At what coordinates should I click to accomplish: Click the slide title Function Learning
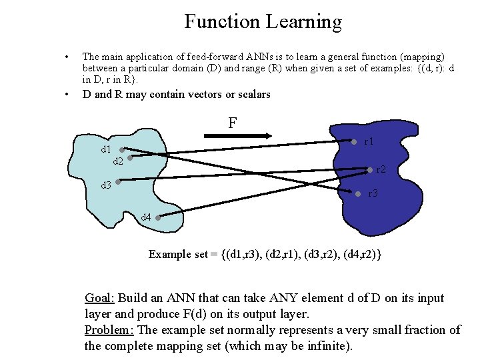(x=263, y=21)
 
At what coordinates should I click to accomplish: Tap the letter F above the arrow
(x=232, y=123)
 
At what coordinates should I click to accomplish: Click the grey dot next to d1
(x=122, y=150)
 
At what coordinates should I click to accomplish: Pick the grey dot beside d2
(x=130, y=159)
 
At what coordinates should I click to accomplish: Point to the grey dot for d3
(x=117, y=181)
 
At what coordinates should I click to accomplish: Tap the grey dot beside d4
(x=157, y=217)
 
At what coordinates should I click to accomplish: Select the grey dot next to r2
(x=370, y=169)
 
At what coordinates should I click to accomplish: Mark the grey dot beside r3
(x=359, y=194)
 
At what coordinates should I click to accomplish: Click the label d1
(x=106, y=149)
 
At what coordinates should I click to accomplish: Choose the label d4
(x=145, y=217)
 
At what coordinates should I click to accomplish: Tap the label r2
(x=381, y=170)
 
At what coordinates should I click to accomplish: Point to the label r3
(x=373, y=194)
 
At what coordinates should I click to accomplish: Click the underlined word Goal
(x=100, y=298)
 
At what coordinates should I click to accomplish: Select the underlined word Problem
(x=109, y=330)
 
